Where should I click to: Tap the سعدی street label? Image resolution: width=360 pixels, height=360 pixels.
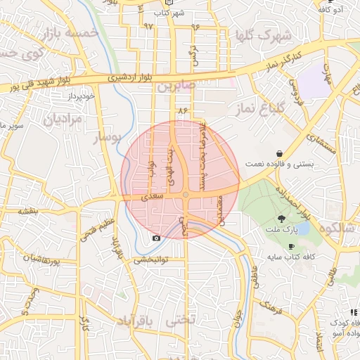[153, 199]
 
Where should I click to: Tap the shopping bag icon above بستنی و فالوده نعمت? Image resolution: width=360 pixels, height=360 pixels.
[280, 153]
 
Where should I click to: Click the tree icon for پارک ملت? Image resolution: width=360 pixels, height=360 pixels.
[282, 219]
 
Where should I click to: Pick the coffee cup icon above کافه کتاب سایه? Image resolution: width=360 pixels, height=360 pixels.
[291, 246]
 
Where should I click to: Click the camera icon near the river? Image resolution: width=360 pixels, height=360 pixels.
[156, 238]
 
